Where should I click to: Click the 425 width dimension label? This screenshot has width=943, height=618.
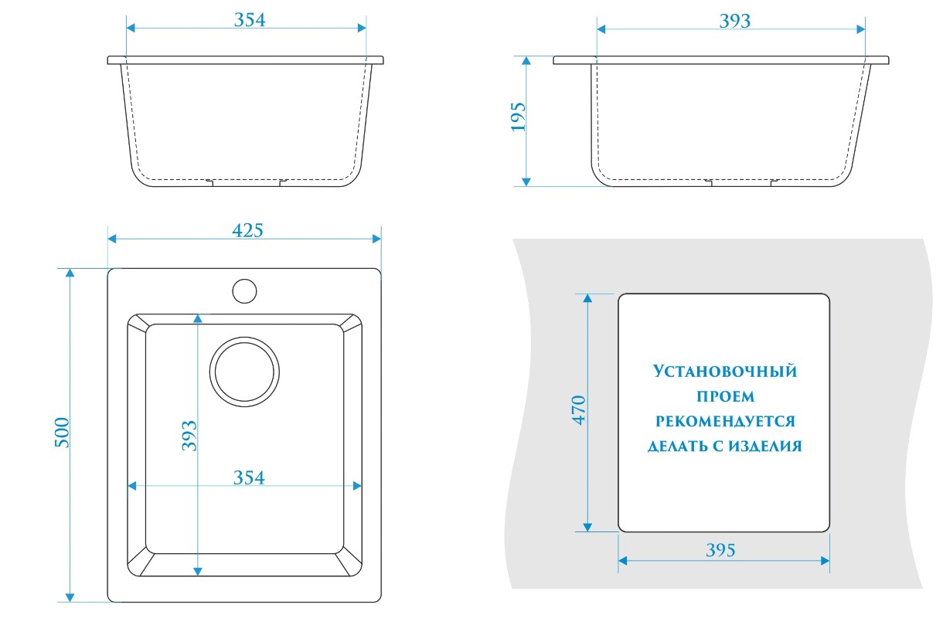(x=247, y=230)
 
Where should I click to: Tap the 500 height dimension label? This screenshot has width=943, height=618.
(x=63, y=432)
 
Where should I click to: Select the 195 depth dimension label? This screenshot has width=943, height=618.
(x=518, y=117)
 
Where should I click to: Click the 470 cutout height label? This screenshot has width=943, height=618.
(x=579, y=410)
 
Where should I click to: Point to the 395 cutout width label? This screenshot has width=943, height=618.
(x=720, y=550)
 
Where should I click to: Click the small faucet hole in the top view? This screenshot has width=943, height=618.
(x=244, y=290)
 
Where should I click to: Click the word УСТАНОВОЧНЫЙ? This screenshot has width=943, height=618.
(x=724, y=372)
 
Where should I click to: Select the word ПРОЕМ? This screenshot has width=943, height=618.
(x=725, y=396)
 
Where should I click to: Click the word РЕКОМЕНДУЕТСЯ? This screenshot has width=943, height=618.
(x=725, y=422)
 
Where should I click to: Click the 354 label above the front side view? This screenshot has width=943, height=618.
(x=250, y=20)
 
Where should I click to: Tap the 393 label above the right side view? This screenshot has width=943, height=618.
(x=734, y=21)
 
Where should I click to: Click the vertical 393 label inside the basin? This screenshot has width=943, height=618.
(x=189, y=436)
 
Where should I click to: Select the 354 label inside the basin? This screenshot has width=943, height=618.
(x=249, y=478)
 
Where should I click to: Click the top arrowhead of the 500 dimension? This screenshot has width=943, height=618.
(x=70, y=273)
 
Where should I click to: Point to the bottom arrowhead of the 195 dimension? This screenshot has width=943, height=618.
(x=526, y=182)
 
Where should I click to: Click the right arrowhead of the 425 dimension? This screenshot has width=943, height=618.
(x=376, y=239)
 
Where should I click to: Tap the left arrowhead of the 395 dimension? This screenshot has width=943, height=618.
(x=623, y=560)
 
